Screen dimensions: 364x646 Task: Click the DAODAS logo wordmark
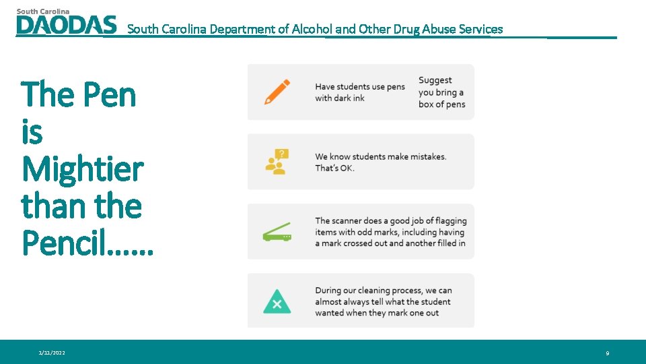66,25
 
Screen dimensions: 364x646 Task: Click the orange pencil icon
277,92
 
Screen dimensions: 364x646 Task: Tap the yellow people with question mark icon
277,162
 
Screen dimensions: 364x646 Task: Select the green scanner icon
277,232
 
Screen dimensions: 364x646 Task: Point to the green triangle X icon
277,301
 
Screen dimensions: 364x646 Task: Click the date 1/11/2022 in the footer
52,353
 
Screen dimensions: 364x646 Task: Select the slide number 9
607,353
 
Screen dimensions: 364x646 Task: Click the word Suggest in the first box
435,81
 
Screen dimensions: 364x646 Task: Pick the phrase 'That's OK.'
334,169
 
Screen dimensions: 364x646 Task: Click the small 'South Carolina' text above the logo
42,11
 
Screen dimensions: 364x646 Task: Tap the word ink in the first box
358,98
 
